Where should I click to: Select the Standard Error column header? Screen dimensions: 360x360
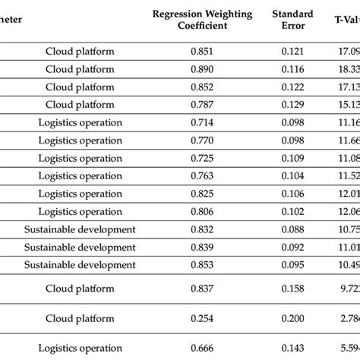coord(292,21)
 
